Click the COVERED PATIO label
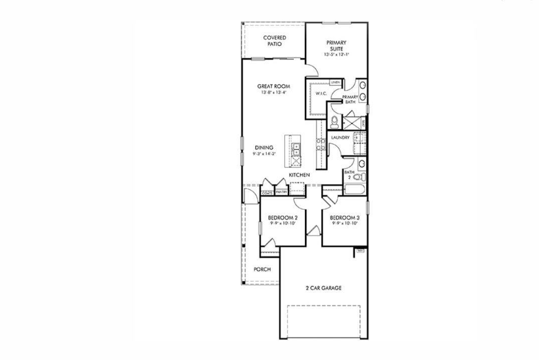pos(274,41)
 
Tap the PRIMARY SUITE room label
pos(336,46)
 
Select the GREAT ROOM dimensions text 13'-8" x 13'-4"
pos(274,93)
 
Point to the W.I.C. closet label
pos(321,94)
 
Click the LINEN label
pos(335,82)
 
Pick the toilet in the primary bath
pos(334,121)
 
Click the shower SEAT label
pos(363,121)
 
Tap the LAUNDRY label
pos(340,137)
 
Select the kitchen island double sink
pos(296,149)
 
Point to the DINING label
pos(264,147)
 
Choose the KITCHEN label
pos(299,174)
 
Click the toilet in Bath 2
pos(357,176)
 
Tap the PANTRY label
pos(281,192)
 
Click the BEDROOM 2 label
pos(283,218)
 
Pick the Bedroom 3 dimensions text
pos(345,224)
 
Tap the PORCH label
pos(262,269)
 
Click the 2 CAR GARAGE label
pos(323,288)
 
